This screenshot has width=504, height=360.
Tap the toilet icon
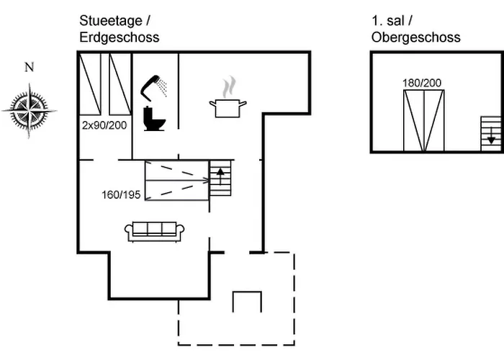(x=154, y=119)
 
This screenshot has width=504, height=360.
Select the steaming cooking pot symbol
(x=228, y=97)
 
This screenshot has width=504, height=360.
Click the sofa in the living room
(x=154, y=231)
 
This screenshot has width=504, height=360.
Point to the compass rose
(x=30, y=111)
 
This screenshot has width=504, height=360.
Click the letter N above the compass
(x=30, y=67)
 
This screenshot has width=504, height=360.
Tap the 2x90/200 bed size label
(x=104, y=125)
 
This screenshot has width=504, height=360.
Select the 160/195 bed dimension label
(x=121, y=195)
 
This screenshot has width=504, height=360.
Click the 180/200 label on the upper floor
(x=422, y=83)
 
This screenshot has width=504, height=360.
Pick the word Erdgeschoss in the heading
(x=120, y=37)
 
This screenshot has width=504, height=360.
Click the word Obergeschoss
(x=416, y=37)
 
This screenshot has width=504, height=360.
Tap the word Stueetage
(x=111, y=21)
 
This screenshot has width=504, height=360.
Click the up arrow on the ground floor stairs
(x=220, y=176)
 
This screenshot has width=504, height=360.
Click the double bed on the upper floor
(x=424, y=120)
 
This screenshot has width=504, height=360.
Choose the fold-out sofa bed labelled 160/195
(x=177, y=180)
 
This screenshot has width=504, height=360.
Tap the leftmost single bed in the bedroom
(x=90, y=84)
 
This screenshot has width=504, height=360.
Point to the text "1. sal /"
(x=392, y=21)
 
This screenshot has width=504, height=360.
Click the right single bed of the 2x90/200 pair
(x=120, y=84)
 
